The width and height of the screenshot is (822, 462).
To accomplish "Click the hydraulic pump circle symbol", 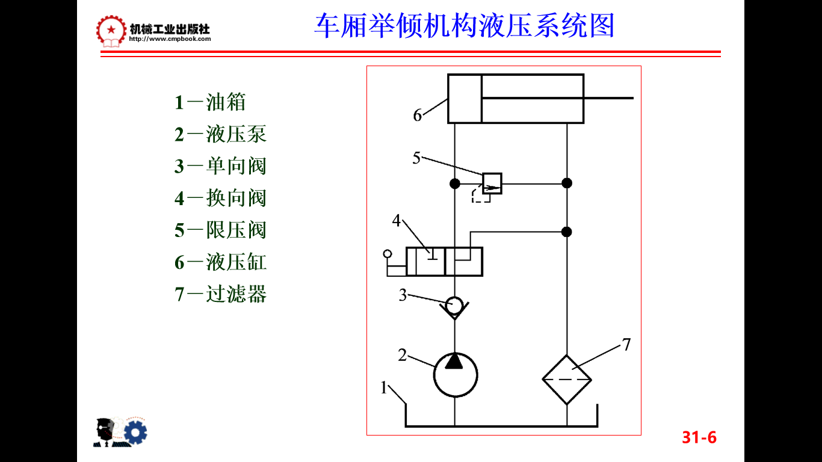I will pyautogui.click(x=456, y=375).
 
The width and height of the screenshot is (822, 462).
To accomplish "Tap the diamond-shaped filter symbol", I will pyautogui.click(x=567, y=380).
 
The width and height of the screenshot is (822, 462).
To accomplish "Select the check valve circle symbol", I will pyautogui.click(x=455, y=306).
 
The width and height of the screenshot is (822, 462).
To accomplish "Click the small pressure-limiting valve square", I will pyautogui.click(x=492, y=183).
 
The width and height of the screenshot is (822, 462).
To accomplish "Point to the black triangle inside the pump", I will pyautogui.click(x=455, y=362).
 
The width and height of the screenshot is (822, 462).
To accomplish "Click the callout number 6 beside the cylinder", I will pyautogui.click(x=418, y=115).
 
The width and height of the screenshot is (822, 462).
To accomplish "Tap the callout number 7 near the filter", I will pyautogui.click(x=626, y=345).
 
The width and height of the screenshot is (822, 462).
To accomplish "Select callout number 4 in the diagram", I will pyautogui.click(x=397, y=221).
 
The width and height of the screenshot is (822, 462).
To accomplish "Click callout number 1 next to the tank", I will pyautogui.click(x=383, y=388).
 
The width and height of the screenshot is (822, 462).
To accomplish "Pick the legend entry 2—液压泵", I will pyautogui.click(x=220, y=134).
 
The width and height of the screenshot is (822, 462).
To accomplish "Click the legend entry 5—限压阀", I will pyautogui.click(x=220, y=230).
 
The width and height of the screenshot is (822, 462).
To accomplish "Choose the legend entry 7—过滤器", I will pyautogui.click(x=220, y=294).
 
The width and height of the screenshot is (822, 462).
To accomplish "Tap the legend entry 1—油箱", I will pyautogui.click(x=210, y=102).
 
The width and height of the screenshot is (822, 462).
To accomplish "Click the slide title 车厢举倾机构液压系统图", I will pyautogui.click(x=464, y=26).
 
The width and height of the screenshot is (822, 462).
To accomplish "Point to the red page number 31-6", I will pyautogui.click(x=699, y=437).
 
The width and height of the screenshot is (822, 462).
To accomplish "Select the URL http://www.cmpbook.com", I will pyautogui.click(x=170, y=39).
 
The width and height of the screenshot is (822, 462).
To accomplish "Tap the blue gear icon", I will pyautogui.click(x=135, y=432).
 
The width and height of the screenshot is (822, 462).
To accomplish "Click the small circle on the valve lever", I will pyautogui.click(x=387, y=255).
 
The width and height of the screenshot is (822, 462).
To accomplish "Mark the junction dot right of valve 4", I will pyautogui.click(x=566, y=232).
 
